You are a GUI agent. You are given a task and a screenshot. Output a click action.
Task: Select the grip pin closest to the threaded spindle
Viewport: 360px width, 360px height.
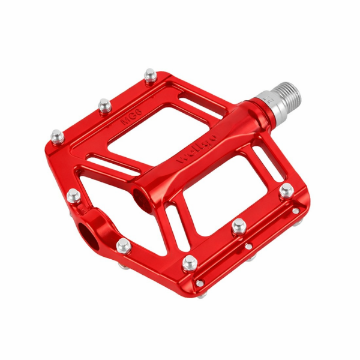pos(149,76)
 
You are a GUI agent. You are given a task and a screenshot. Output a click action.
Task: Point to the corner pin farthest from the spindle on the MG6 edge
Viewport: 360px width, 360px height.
pos(58,136)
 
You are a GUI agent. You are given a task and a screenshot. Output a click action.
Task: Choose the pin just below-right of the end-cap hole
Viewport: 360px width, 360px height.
pos(124,245)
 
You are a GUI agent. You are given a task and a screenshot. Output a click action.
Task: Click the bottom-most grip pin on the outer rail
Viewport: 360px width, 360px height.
pos(190,262)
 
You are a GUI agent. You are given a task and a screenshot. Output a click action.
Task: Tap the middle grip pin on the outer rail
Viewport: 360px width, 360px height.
pos(239,226)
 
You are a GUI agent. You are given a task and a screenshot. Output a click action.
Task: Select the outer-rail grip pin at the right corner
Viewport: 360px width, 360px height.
pos(287,191)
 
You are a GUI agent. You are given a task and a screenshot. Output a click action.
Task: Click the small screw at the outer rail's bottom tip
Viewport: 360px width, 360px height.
pos(200,283)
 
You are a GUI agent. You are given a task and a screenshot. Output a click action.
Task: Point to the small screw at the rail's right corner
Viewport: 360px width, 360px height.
pos(296,211)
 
